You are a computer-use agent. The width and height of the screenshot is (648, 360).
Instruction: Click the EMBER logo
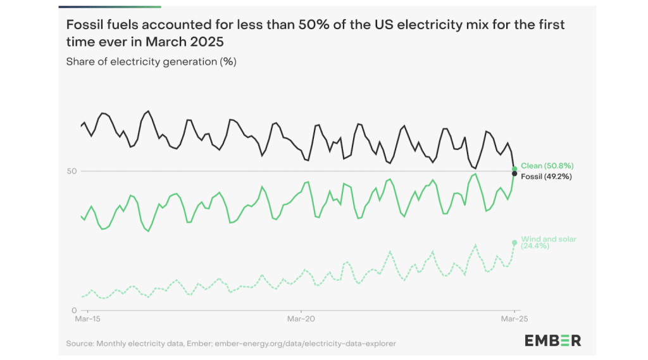coord(552,340)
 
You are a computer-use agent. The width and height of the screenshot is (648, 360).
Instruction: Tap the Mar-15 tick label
coord(87,318)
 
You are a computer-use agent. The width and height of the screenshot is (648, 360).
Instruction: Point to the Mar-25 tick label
coord(514,318)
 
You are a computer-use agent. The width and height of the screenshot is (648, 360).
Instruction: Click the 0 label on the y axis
coord(74,310)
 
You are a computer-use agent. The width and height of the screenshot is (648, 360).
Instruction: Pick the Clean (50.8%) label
coord(547,166)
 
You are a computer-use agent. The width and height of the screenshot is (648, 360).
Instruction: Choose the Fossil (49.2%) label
coord(546,177)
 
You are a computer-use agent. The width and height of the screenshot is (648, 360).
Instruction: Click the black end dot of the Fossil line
coord(514,173)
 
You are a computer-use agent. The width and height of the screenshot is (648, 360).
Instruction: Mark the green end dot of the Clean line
coord(514,169)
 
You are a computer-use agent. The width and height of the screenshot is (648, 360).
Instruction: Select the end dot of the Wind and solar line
coord(514,242)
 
